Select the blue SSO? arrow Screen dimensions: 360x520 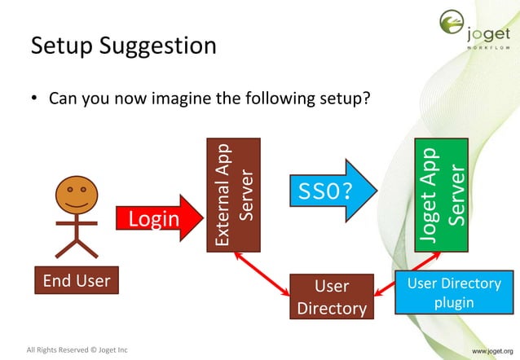(x=330, y=191)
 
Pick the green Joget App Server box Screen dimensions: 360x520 (x=441, y=195)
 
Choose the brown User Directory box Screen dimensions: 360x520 (x=332, y=296)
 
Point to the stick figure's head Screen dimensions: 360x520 (x=76, y=195)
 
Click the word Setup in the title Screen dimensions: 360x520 (x=62, y=46)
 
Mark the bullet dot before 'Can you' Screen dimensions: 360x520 (x=34, y=100)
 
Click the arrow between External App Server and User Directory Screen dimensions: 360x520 (x=261, y=272)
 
